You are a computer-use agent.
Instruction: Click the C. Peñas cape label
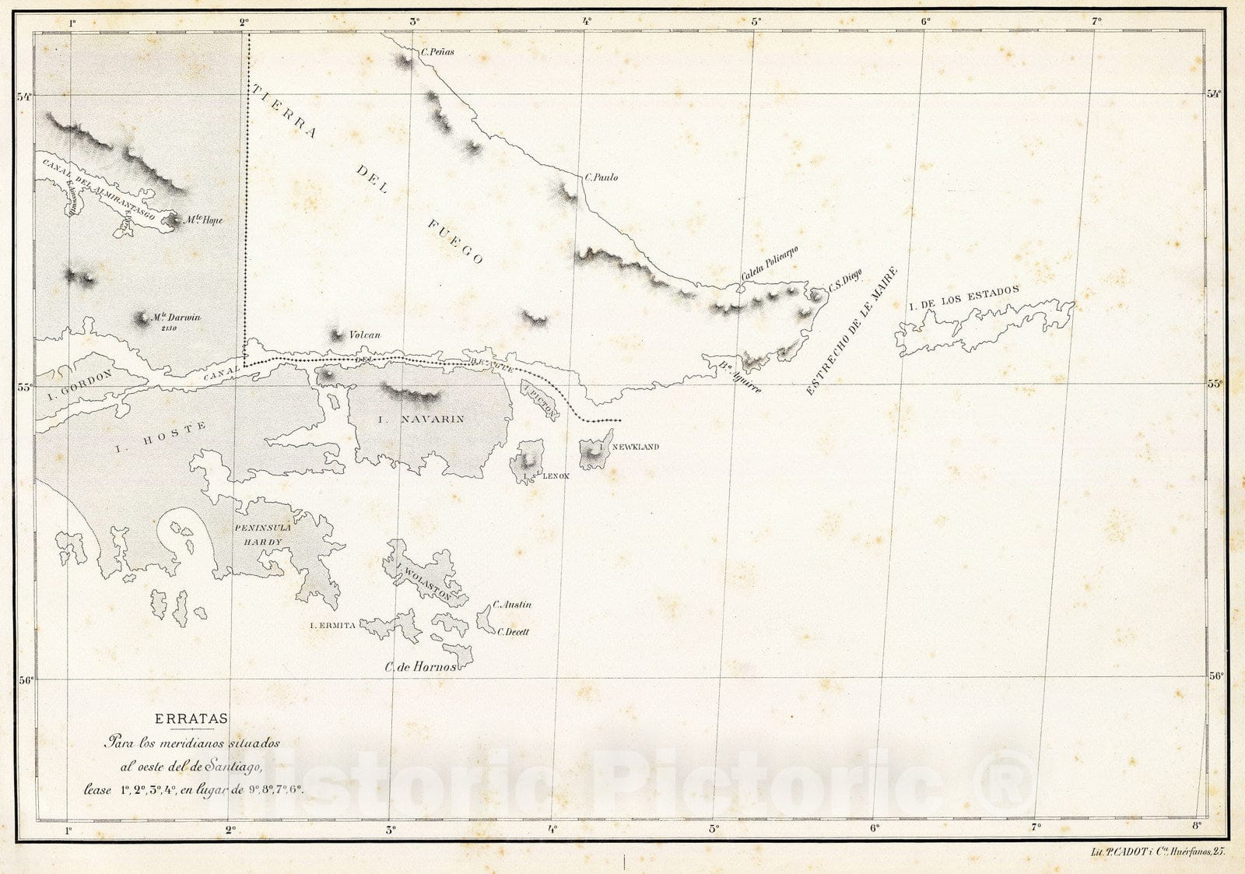437,53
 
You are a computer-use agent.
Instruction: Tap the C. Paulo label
602,177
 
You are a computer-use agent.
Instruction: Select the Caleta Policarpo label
770,264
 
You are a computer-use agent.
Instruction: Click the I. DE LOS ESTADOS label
963,297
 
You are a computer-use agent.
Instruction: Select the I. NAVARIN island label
420,419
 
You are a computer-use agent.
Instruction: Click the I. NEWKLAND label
635,447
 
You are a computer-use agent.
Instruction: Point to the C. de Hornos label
420,666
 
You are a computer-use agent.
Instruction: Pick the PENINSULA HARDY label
262,535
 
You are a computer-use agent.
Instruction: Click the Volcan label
365,335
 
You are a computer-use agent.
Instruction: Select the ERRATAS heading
191,719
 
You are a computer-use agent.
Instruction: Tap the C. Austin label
512,604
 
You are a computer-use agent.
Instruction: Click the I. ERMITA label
333,625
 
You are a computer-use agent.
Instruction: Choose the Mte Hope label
203,220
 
